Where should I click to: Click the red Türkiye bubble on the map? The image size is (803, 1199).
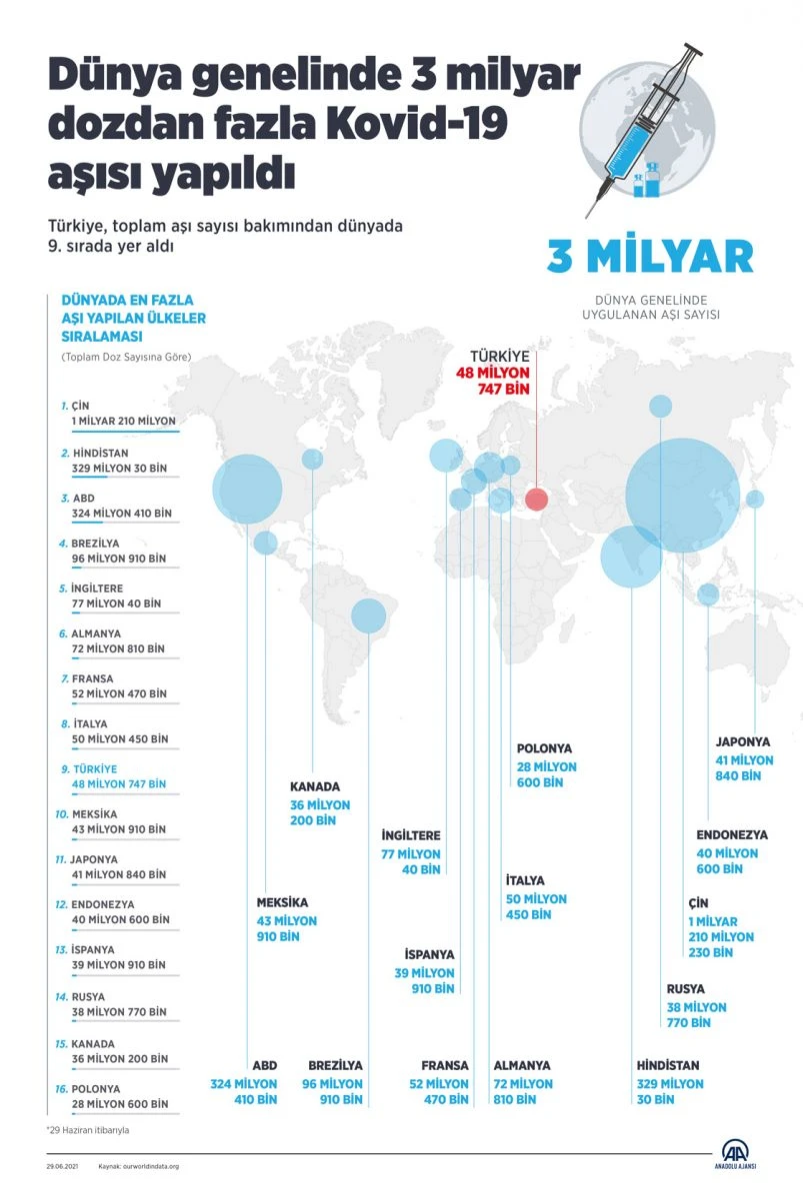(536, 500)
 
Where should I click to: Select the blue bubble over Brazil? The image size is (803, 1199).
(368, 615)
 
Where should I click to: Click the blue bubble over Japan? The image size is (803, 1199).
(754, 499)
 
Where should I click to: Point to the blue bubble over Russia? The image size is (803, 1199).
(660, 406)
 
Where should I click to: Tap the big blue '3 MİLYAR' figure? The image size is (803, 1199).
(649, 257)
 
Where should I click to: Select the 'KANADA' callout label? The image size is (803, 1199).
(315, 786)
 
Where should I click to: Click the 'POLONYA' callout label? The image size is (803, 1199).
(545, 748)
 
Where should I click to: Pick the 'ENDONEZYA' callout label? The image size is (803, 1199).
(732, 835)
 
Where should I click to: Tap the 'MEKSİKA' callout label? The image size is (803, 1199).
(283, 902)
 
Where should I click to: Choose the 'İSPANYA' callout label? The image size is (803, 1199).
(430, 954)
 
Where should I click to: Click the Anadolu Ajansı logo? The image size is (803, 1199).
(742, 1153)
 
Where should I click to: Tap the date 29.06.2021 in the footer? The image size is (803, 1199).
(63, 1166)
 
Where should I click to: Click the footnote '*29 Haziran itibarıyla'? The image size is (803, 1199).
(87, 1130)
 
